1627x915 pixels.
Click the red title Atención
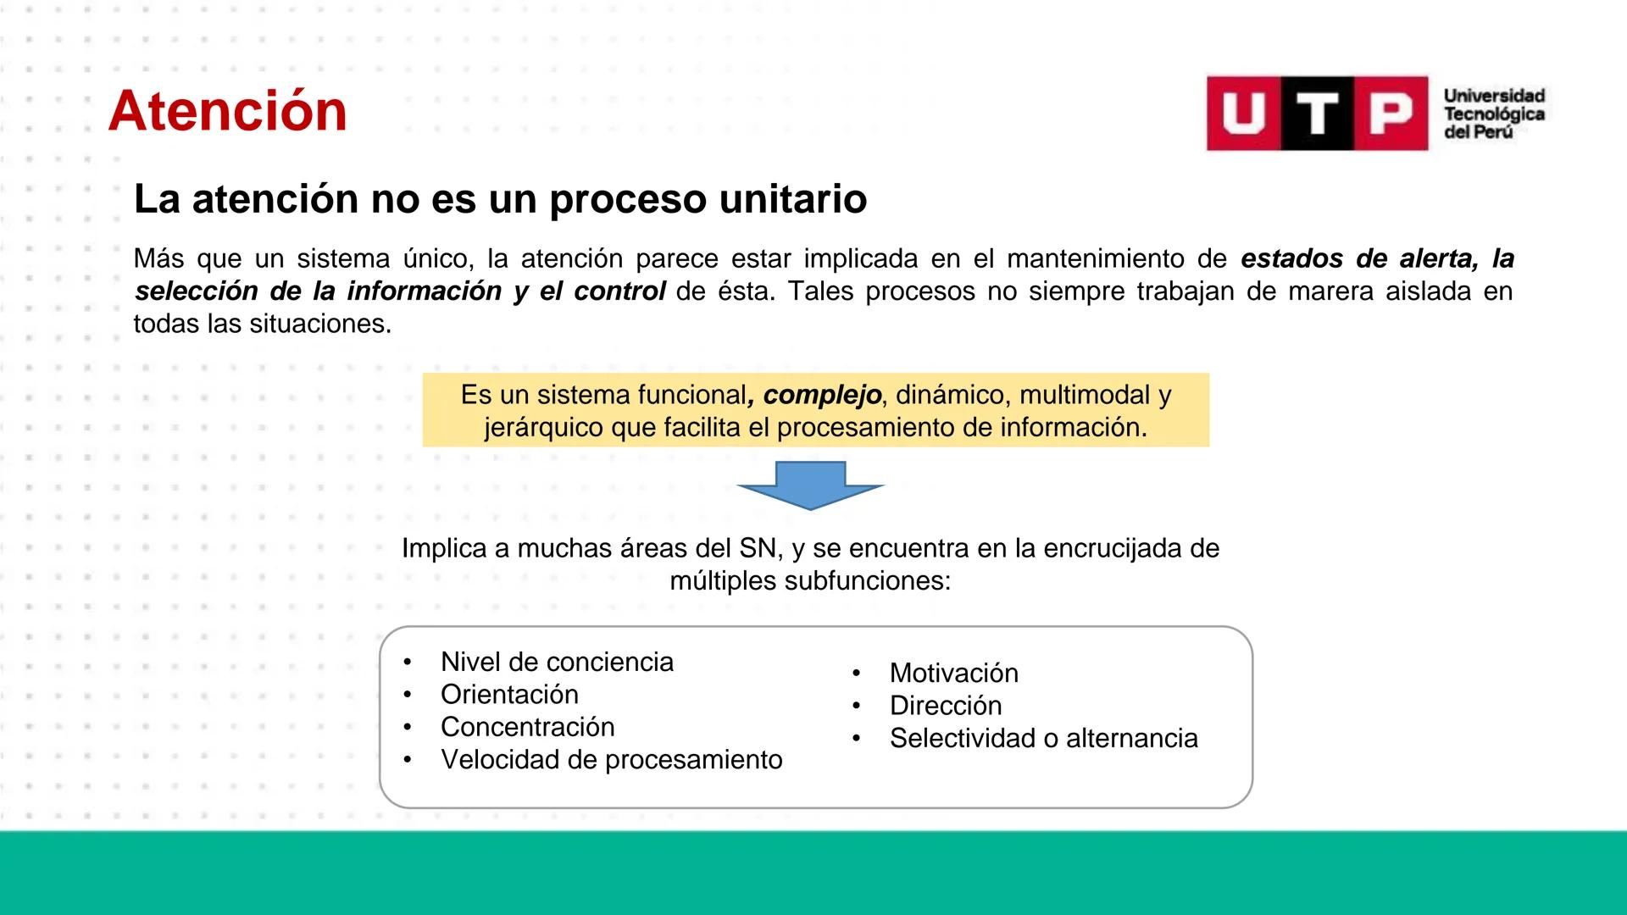[x=227, y=111]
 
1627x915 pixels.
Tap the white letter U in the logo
[x=1243, y=114]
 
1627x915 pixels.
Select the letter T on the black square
[x=1317, y=114]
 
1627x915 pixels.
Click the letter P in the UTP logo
[x=1391, y=114]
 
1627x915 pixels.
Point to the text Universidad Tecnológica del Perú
[x=1493, y=114]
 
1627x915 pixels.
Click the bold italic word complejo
[x=821, y=395]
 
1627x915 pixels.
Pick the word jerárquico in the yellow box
[x=544, y=428]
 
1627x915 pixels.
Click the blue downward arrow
[x=811, y=485]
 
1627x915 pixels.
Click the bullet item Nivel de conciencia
[x=557, y=662]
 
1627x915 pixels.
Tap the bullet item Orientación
[x=509, y=695]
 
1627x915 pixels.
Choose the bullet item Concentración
[x=527, y=727]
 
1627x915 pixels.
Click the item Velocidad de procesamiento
[x=611, y=760]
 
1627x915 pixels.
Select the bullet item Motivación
[x=953, y=673]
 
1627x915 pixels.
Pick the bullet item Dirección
[x=945, y=706]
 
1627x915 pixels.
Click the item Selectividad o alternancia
[x=1043, y=738]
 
